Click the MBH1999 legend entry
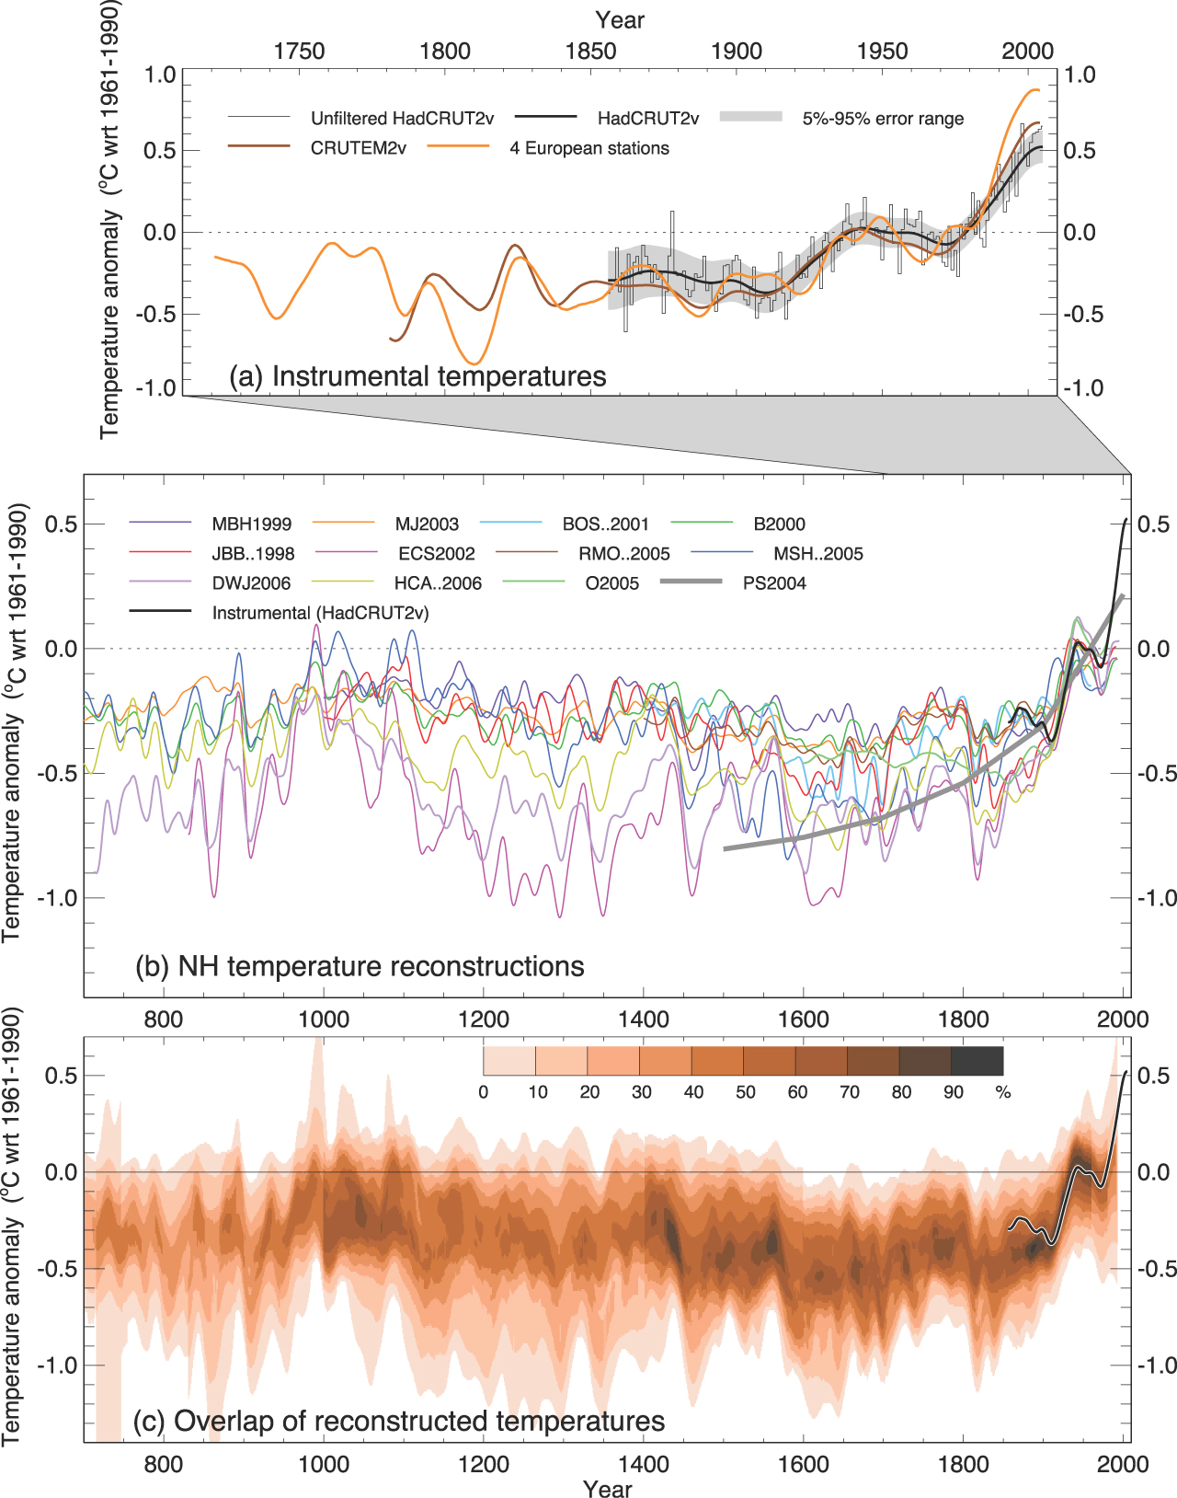pyautogui.click(x=251, y=524)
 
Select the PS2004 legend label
pyautogui.click(x=774, y=583)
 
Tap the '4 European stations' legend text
pyautogui.click(x=589, y=148)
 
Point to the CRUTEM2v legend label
pyautogui.click(x=358, y=148)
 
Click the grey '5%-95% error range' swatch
pyautogui.click(x=750, y=117)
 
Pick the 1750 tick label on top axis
pyautogui.click(x=299, y=52)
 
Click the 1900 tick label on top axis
pyautogui.click(x=737, y=52)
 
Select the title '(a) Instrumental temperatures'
pyautogui.click(x=417, y=376)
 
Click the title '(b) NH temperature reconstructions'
pyautogui.click(x=360, y=966)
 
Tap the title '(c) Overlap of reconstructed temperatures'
pyautogui.click(x=399, y=1421)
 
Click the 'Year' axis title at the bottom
pyautogui.click(x=607, y=1489)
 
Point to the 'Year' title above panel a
pyautogui.click(x=620, y=20)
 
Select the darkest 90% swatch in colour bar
pyautogui.click(x=977, y=1061)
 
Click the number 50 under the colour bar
pyautogui.click(x=745, y=1092)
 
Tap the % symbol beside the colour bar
pyautogui.click(x=1003, y=1092)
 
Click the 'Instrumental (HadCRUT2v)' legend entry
pyautogui.click(x=320, y=613)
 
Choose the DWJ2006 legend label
pyautogui.click(x=251, y=583)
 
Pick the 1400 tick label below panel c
pyautogui.click(x=644, y=1464)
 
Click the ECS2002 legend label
pyautogui.click(x=437, y=554)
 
